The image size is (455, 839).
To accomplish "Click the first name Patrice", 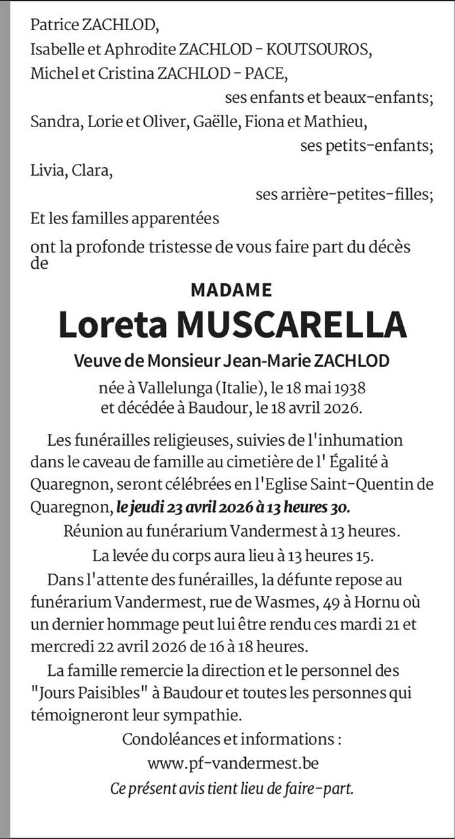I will (x=54, y=26).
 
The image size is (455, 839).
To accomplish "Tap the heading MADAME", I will (x=231, y=289).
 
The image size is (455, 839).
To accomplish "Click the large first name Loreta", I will (x=111, y=324).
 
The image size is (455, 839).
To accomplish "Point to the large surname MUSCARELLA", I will (x=292, y=324).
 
